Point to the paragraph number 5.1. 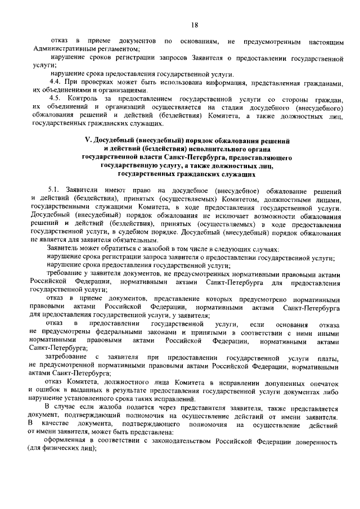(x=57, y=192)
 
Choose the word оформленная (x=70, y=442)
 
